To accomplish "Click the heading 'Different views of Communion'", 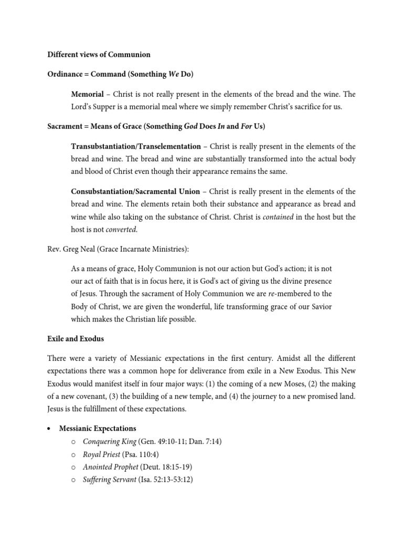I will (99, 54).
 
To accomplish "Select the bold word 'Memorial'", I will (87, 95).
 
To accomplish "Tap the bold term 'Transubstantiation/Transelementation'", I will (136, 146).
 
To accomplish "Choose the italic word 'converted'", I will (121, 230).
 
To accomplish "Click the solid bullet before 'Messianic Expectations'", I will (49, 429).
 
